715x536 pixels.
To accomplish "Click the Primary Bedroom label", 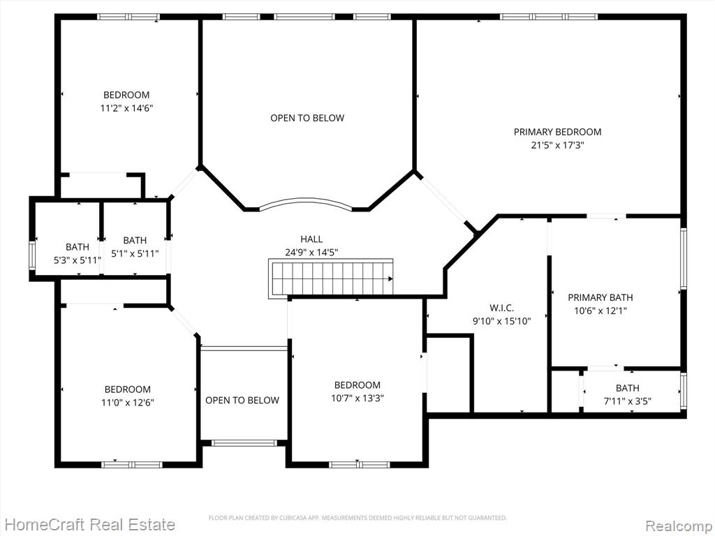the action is (x=557, y=132).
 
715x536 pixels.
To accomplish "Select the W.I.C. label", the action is (x=501, y=308).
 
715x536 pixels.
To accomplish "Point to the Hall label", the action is (x=311, y=239).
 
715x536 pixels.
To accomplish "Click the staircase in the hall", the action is (x=330, y=278).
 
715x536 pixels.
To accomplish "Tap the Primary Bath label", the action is (x=600, y=297).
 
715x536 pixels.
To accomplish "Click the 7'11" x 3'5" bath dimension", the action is (x=628, y=401).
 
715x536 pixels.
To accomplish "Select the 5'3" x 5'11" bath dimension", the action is (x=78, y=260).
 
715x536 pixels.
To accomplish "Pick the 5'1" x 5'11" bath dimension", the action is (x=135, y=253).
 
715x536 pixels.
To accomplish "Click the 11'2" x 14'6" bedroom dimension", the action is (x=126, y=108).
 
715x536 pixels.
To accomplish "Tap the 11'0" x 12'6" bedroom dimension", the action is (x=128, y=403).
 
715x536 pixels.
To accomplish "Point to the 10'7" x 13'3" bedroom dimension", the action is (x=357, y=399).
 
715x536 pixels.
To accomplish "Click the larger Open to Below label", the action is (x=307, y=118).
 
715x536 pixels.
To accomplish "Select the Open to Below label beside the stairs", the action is (x=242, y=401).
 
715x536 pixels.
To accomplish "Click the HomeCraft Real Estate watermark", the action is (x=90, y=525).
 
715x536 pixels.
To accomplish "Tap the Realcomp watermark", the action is (x=679, y=526).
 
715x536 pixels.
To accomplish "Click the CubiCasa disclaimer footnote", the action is (x=357, y=518).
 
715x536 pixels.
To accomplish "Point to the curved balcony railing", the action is (x=306, y=202).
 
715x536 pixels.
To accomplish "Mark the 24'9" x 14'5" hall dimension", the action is (x=311, y=253).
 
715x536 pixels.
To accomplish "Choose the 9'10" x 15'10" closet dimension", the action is (x=501, y=321).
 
